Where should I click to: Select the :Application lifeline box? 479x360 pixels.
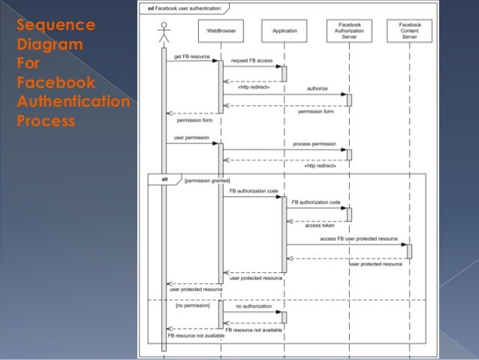(284, 32)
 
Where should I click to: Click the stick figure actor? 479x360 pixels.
(163, 34)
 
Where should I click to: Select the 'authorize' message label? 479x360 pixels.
(317, 89)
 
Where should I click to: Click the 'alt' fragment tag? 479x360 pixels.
(155, 180)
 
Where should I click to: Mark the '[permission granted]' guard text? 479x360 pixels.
(191, 181)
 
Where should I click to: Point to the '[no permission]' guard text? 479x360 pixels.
(192, 306)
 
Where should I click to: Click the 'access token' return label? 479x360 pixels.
(319, 225)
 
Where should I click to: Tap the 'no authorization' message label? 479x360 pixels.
(253, 307)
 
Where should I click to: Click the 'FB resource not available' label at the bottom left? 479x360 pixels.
(195, 336)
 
